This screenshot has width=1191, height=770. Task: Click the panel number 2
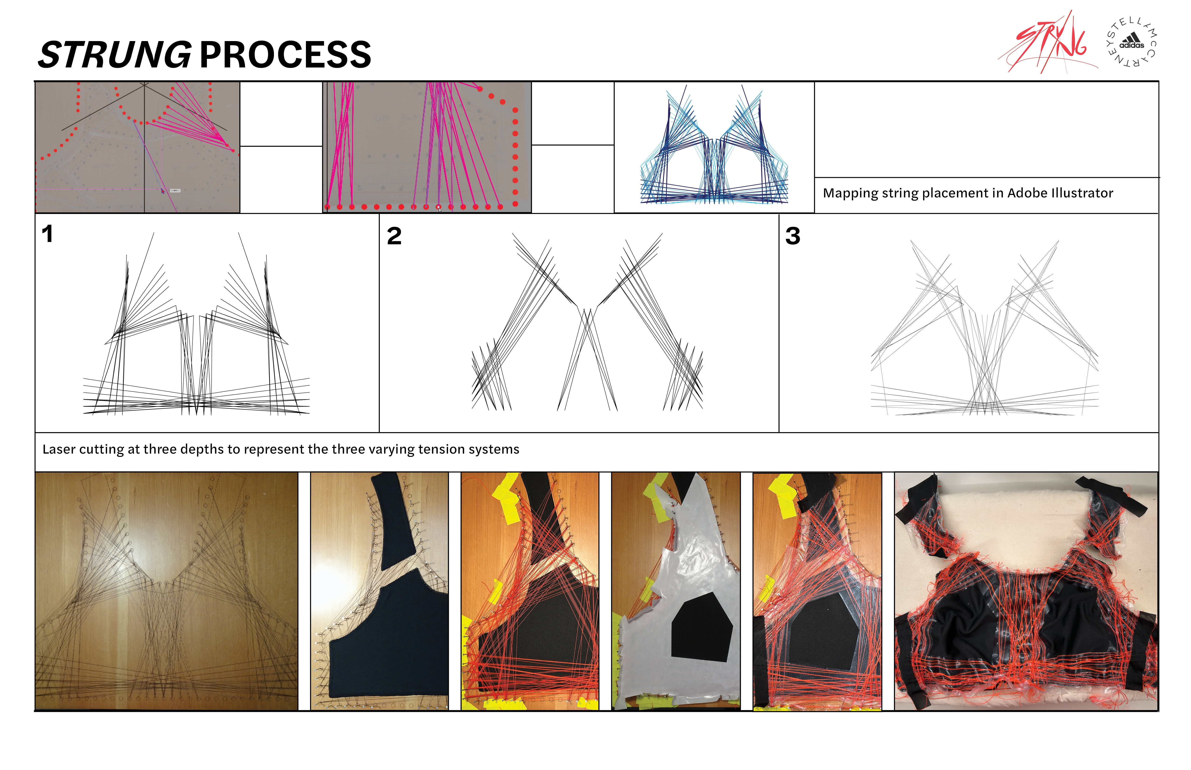[x=394, y=236]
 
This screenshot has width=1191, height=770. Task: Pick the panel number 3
[x=793, y=236]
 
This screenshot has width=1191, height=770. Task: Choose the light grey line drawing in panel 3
[x=984, y=328]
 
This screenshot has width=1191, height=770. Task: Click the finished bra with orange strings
[x=1026, y=591]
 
